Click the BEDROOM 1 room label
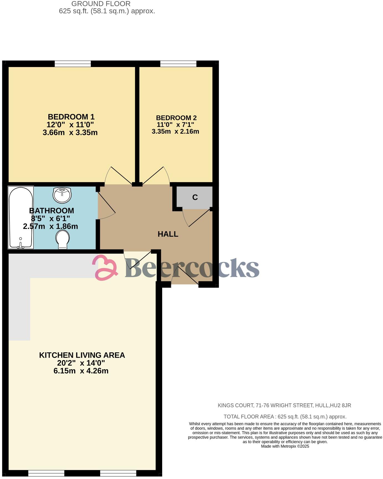[71, 117]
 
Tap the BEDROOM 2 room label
[176, 118]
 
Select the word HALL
[168, 234]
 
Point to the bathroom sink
[62, 195]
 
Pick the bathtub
[21, 218]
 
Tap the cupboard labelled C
[195, 197]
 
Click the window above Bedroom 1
[73, 64]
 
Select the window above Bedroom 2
[178, 64]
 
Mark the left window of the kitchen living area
[46, 473]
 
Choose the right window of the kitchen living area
[118, 473]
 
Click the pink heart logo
[105, 267]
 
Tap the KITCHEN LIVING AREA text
[82, 355]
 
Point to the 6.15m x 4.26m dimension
[81, 371]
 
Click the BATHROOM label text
[51, 211]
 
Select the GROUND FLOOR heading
[101, 4]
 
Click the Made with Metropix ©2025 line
[285, 446]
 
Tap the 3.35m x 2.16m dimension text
[175, 132]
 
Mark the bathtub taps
[20, 246]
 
